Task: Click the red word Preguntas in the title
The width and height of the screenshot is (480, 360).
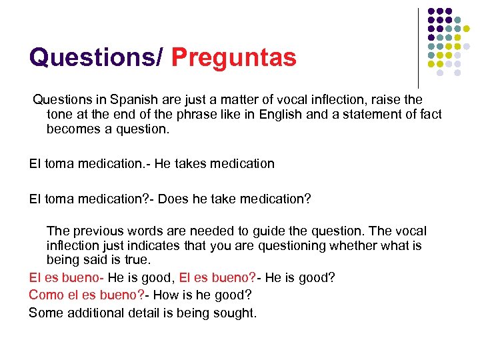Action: pyautogui.click(x=233, y=57)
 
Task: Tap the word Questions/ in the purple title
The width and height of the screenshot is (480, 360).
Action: pyautogui.click(x=95, y=57)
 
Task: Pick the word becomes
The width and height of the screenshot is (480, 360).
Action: pyautogui.click(x=74, y=129)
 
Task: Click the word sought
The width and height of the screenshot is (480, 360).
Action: pyautogui.click(x=236, y=313)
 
